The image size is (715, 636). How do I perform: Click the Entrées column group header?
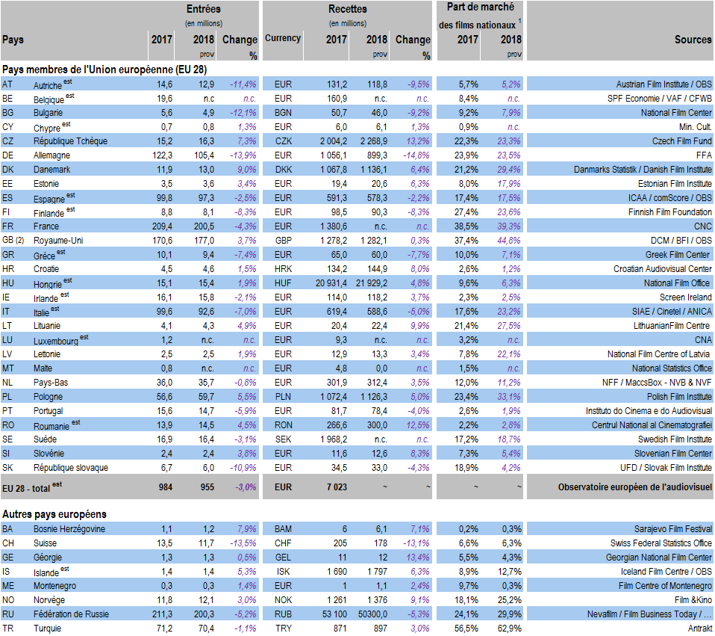203,9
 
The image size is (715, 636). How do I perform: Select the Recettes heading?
347,9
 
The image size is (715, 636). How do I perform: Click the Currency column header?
283,38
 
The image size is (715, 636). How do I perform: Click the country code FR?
8,226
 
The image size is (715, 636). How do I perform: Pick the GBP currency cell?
283,240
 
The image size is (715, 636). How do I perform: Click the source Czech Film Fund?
682,141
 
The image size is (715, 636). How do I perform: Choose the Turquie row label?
48,629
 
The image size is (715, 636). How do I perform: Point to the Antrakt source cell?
699,629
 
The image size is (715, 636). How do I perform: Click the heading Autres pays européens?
54,514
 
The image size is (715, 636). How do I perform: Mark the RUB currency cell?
283,614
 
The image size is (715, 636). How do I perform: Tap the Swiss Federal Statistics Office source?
661,543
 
